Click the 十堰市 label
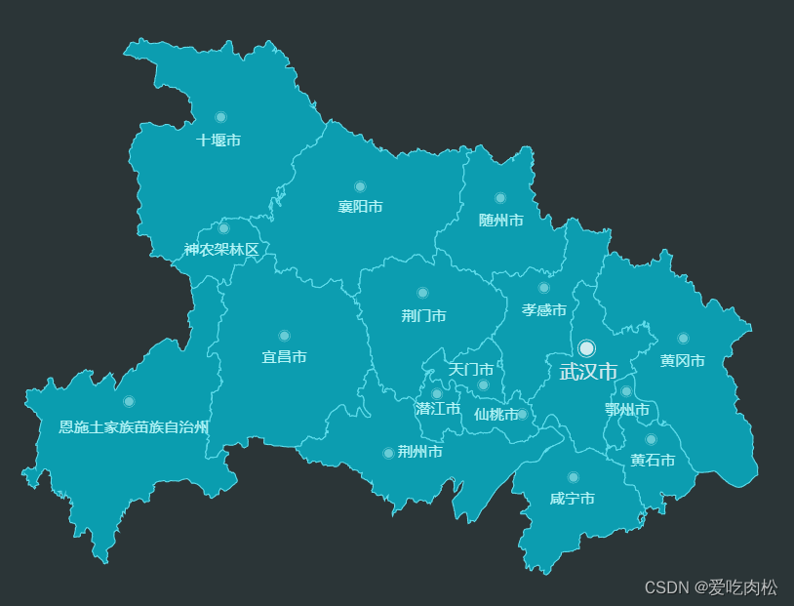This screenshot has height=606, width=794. point(218,141)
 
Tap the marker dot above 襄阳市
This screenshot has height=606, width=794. point(360,186)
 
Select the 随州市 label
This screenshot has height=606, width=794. point(501,221)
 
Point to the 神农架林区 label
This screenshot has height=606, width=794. point(222,250)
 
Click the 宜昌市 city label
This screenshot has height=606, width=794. point(284,357)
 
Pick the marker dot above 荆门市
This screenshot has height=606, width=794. point(422,293)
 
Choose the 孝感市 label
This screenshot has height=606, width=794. point(544,310)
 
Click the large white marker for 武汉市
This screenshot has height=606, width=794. point(586,348)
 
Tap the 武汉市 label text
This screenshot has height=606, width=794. point(588,372)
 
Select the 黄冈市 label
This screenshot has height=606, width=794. point(683,361)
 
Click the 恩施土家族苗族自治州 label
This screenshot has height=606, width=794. point(134,426)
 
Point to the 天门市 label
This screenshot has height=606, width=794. point(470,370)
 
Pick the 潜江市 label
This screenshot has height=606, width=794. point(438,409)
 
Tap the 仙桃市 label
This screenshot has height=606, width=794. point(496,415)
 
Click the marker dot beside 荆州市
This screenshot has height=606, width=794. point(388,453)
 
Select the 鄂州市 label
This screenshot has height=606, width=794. point(626,410)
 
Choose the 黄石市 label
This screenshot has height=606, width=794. point(652,461)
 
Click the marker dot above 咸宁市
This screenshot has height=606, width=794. point(573,477)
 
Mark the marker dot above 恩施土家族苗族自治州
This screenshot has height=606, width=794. point(129,401)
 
